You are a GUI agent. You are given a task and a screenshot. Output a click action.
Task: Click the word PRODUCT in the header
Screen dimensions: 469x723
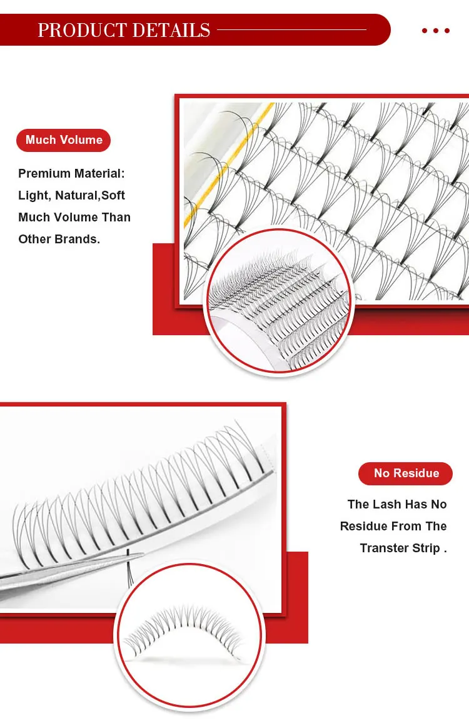(x=81, y=30)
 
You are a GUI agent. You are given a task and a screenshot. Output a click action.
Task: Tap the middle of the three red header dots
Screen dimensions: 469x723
(x=436, y=31)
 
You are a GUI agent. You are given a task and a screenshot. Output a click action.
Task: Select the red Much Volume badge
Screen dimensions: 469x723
(x=64, y=140)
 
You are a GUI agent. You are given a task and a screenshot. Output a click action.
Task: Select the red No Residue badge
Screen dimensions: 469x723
(x=406, y=473)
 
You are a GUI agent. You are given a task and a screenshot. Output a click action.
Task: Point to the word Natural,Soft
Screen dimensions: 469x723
(x=90, y=196)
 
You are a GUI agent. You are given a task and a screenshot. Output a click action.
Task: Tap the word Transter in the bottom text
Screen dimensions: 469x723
(x=383, y=549)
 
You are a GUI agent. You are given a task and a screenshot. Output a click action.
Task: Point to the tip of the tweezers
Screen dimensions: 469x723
(x=141, y=554)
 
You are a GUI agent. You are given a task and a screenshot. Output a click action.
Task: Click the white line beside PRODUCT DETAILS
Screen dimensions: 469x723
(x=291, y=29)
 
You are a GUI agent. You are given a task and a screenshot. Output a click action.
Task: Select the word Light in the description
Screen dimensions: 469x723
(x=33, y=196)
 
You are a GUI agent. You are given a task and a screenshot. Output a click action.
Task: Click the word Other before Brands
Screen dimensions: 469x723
(x=35, y=240)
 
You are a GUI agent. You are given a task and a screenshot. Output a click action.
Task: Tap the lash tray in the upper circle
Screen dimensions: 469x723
(x=278, y=300)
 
